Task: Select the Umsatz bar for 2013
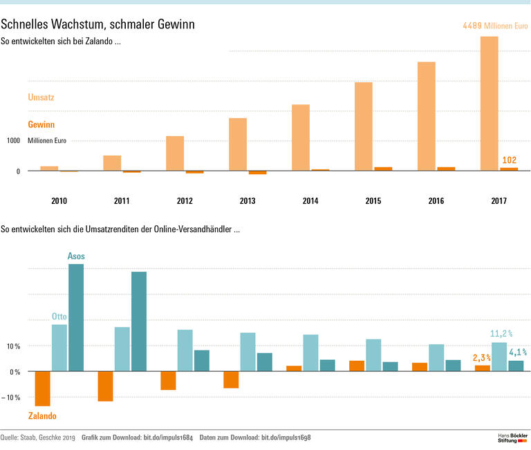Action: tap(238, 144)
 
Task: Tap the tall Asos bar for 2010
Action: tap(75, 318)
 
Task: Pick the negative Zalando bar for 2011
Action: tap(105, 386)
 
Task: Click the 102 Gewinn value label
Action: tap(509, 160)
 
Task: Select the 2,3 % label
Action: tap(482, 358)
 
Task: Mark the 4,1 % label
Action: tap(518, 352)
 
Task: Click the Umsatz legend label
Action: tap(41, 98)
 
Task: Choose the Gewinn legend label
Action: tap(41, 125)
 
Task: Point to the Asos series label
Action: tap(76, 256)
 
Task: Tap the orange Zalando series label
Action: tap(42, 416)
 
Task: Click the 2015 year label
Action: tap(373, 201)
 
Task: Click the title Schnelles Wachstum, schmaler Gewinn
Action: tap(97, 24)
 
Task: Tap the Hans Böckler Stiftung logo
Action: tap(512, 438)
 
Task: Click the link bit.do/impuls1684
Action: tap(160, 438)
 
